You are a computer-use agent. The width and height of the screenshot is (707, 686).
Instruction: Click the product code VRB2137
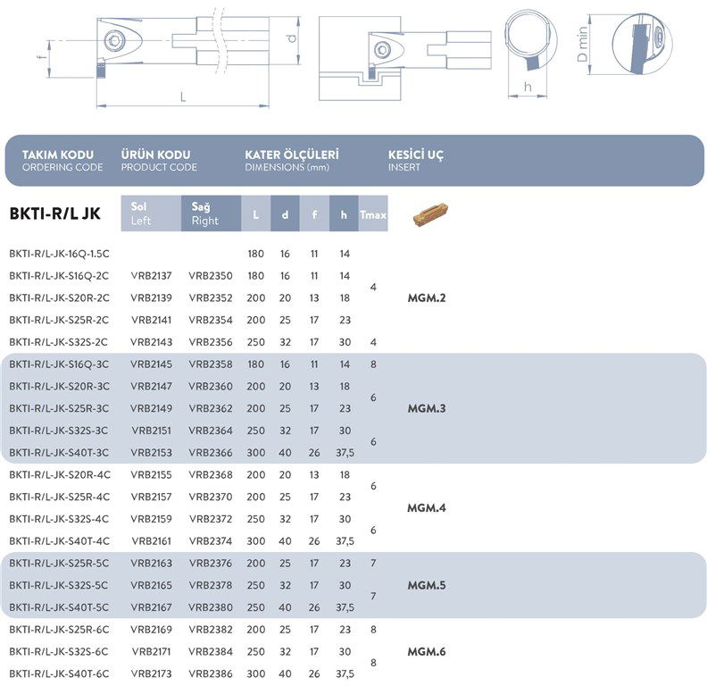pyautogui.click(x=151, y=276)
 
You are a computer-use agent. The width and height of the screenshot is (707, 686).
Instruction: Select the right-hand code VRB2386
pyautogui.click(x=211, y=673)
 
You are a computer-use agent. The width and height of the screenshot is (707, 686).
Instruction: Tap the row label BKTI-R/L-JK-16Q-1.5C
pyautogui.click(x=59, y=255)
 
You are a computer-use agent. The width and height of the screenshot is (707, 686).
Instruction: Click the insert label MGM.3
pyautogui.click(x=426, y=408)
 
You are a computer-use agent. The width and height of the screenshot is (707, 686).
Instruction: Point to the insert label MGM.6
pyautogui.click(x=426, y=651)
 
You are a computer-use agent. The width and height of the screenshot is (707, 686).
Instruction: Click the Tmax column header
pyautogui.click(x=372, y=215)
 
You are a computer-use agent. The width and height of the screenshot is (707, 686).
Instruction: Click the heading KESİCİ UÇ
pyautogui.click(x=416, y=155)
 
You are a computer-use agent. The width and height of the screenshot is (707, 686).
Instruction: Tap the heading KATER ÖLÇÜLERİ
pyautogui.click(x=291, y=155)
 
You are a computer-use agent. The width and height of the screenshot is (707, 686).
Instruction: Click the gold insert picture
pyautogui.click(x=430, y=216)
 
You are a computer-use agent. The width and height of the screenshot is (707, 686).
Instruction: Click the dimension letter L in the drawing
pyautogui.click(x=183, y=97)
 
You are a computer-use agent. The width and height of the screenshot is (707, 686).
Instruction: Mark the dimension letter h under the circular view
pyautogui.click(x=528, y=87)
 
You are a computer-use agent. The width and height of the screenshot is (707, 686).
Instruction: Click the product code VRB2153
pyautogui.click(x=151, y=453)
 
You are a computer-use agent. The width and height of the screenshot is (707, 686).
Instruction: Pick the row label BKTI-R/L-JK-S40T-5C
pyautogui.click(x=59, y=607)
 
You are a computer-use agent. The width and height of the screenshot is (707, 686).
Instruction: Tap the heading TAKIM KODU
pyautogui.click(x=57, y=155)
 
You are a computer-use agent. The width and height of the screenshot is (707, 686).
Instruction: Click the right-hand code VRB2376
pyautogui.click(x=211, y=564)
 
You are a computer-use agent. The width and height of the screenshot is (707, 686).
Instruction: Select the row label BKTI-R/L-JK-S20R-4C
pyautogui.click(x=59, y=475)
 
